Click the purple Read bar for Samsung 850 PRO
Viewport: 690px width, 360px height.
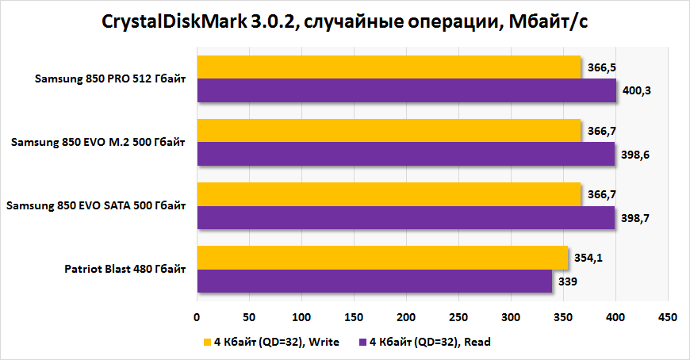pos(406,91)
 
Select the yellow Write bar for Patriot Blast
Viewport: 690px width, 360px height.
pos(382,257)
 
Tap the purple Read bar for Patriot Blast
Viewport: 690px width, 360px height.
pos(374,281)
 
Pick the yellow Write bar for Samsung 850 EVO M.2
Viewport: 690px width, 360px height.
pos(389,131)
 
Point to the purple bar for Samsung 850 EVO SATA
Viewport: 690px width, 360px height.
pos(405,218)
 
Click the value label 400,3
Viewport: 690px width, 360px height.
pos(636,91)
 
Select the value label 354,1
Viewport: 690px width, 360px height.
pos(588,257)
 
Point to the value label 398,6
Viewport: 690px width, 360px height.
pos(634,155)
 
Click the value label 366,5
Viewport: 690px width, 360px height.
pos(600,67)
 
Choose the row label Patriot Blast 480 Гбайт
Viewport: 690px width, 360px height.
pos(125,270)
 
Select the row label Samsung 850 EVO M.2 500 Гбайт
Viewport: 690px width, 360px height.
pos(98,143)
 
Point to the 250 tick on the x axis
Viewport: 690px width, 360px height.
pos(458,317)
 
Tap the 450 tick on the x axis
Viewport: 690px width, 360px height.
pos(668,317)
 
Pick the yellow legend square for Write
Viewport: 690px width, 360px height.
pos(208,343)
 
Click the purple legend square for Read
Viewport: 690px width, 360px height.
pos(363,343)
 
